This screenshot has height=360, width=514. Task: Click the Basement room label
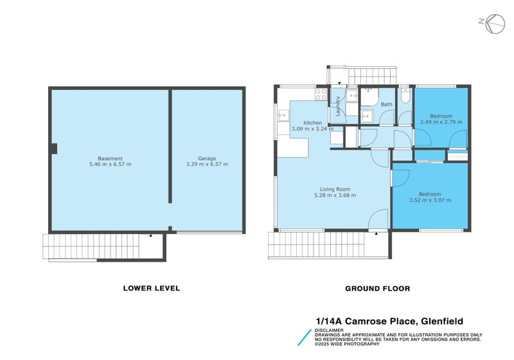click(x=110, y=159)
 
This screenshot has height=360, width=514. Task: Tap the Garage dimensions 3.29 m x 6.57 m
click(x=206, y=165)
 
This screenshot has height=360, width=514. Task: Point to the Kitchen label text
click(x=313, y=123)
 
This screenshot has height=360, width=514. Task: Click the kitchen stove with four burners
click(x=321, y=94)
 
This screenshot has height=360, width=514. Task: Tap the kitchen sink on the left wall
click(x=283, y=116)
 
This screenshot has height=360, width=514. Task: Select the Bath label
click(x=386, y=104)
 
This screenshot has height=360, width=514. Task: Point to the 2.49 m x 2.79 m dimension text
click(x=441, y=122)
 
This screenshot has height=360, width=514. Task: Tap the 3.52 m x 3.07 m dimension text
click(x=430, y=200)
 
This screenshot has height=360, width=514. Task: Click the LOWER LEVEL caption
click(x=152, y=289)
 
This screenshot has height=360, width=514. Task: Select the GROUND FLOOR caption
click(x=377, y=289)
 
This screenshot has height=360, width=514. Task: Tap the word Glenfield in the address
click(x=442, y=321)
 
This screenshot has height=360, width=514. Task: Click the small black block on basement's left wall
click(x=54, y=149)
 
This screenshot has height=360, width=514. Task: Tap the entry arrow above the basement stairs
click(x=150, y=236)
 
